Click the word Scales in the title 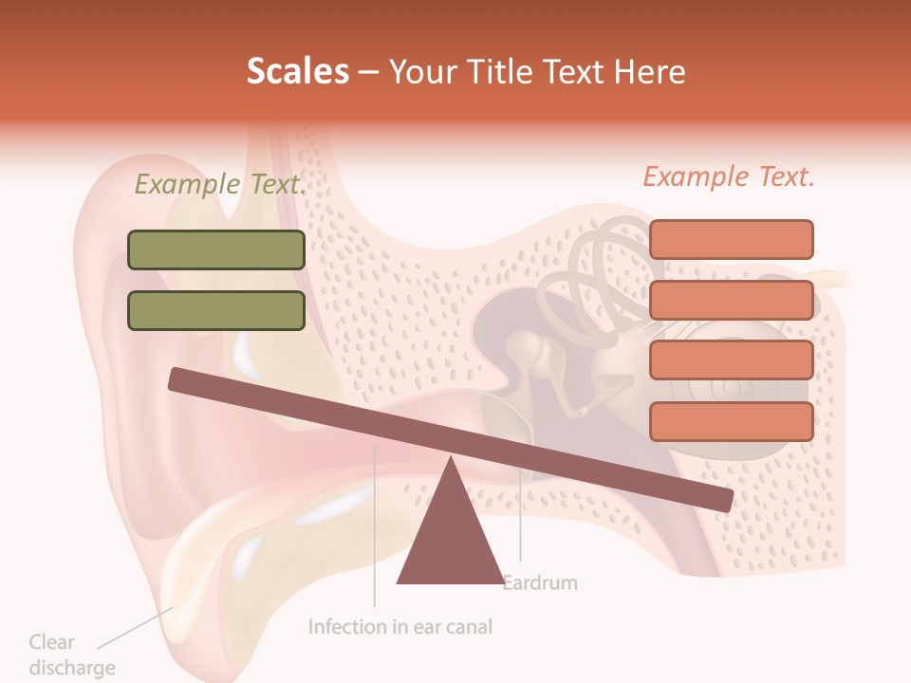297,71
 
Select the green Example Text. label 220,184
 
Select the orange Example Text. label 729,176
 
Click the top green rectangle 216,250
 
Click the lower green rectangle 216,310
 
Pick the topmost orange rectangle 731,239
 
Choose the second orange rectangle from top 731,300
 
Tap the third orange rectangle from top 731,360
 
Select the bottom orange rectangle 731,421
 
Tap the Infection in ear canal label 400,627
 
